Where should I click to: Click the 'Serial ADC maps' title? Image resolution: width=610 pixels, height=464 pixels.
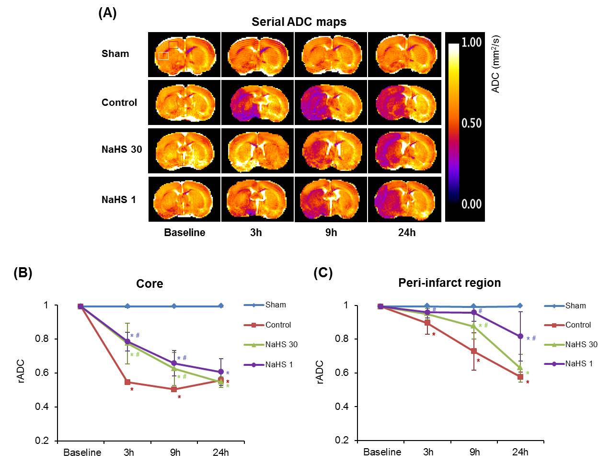point(299,22)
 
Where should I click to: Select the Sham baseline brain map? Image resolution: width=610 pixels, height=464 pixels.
point(184,55)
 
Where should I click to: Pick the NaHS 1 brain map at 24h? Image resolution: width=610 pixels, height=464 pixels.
point(404,199)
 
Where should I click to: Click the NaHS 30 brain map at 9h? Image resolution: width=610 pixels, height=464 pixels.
point(331,150)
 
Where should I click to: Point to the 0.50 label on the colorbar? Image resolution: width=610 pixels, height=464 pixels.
point(471,123)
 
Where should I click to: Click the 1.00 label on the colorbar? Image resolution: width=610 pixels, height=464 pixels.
point(471,42)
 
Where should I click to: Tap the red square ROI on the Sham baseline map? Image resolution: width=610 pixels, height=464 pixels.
point(173,45)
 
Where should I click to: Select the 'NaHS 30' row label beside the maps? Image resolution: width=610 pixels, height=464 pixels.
point(122,149)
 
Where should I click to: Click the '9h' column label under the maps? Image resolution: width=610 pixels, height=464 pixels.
point(331,233)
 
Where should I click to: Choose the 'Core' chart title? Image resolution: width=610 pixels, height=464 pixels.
point(150,283)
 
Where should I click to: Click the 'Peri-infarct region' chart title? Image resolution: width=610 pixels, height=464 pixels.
point(449,283)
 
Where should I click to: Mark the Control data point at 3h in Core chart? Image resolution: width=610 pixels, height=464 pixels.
point(128,382)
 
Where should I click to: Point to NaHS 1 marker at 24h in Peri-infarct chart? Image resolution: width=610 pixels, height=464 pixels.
point(520,336)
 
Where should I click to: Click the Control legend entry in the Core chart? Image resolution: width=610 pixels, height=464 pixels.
point(278,325)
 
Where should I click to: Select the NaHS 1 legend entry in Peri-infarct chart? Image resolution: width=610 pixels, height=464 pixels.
point(578,364)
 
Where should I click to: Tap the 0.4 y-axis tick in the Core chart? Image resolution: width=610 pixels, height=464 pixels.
point(46,407)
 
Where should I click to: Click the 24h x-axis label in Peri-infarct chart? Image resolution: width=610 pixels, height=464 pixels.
point(520,452)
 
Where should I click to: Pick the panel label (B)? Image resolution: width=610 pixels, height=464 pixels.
point(23,273)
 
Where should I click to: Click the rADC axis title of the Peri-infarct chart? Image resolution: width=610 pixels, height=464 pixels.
point(320,372)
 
